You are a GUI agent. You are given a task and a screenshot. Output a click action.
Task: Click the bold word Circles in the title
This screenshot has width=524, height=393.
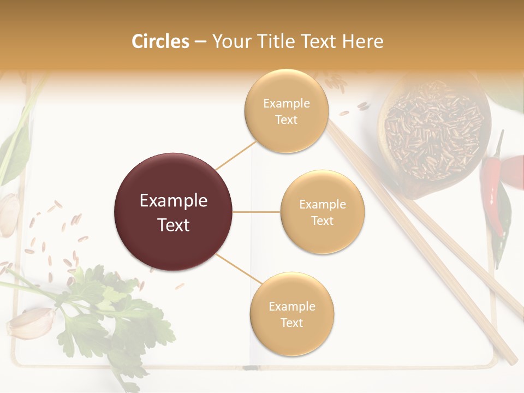[160, 41]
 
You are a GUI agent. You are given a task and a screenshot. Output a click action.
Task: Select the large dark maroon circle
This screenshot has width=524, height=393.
[174, 212]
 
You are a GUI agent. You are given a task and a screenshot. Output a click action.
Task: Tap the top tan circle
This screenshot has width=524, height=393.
[286, 111]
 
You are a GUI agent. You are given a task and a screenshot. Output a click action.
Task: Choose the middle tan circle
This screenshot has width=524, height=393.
[323, 212]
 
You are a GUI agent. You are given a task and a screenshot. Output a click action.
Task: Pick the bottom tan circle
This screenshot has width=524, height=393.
[291, 314]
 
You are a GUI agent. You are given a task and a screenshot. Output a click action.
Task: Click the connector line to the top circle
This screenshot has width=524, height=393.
[236, 154]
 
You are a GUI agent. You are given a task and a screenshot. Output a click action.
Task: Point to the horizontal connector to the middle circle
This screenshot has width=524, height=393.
[257, 212]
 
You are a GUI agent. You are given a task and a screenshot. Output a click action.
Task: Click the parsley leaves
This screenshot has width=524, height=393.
[104, 311]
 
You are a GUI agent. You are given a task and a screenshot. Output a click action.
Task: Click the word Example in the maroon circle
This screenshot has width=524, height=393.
[174, 201]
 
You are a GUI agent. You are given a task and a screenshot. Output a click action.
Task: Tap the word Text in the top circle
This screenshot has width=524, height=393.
[286, 120]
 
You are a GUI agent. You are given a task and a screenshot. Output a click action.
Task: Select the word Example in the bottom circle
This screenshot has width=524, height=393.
[291, 306]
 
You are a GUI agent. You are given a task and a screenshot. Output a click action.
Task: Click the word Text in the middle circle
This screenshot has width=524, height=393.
[323, 221]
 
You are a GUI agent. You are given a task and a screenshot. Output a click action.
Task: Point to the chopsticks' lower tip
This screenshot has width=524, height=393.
[510, 360]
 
